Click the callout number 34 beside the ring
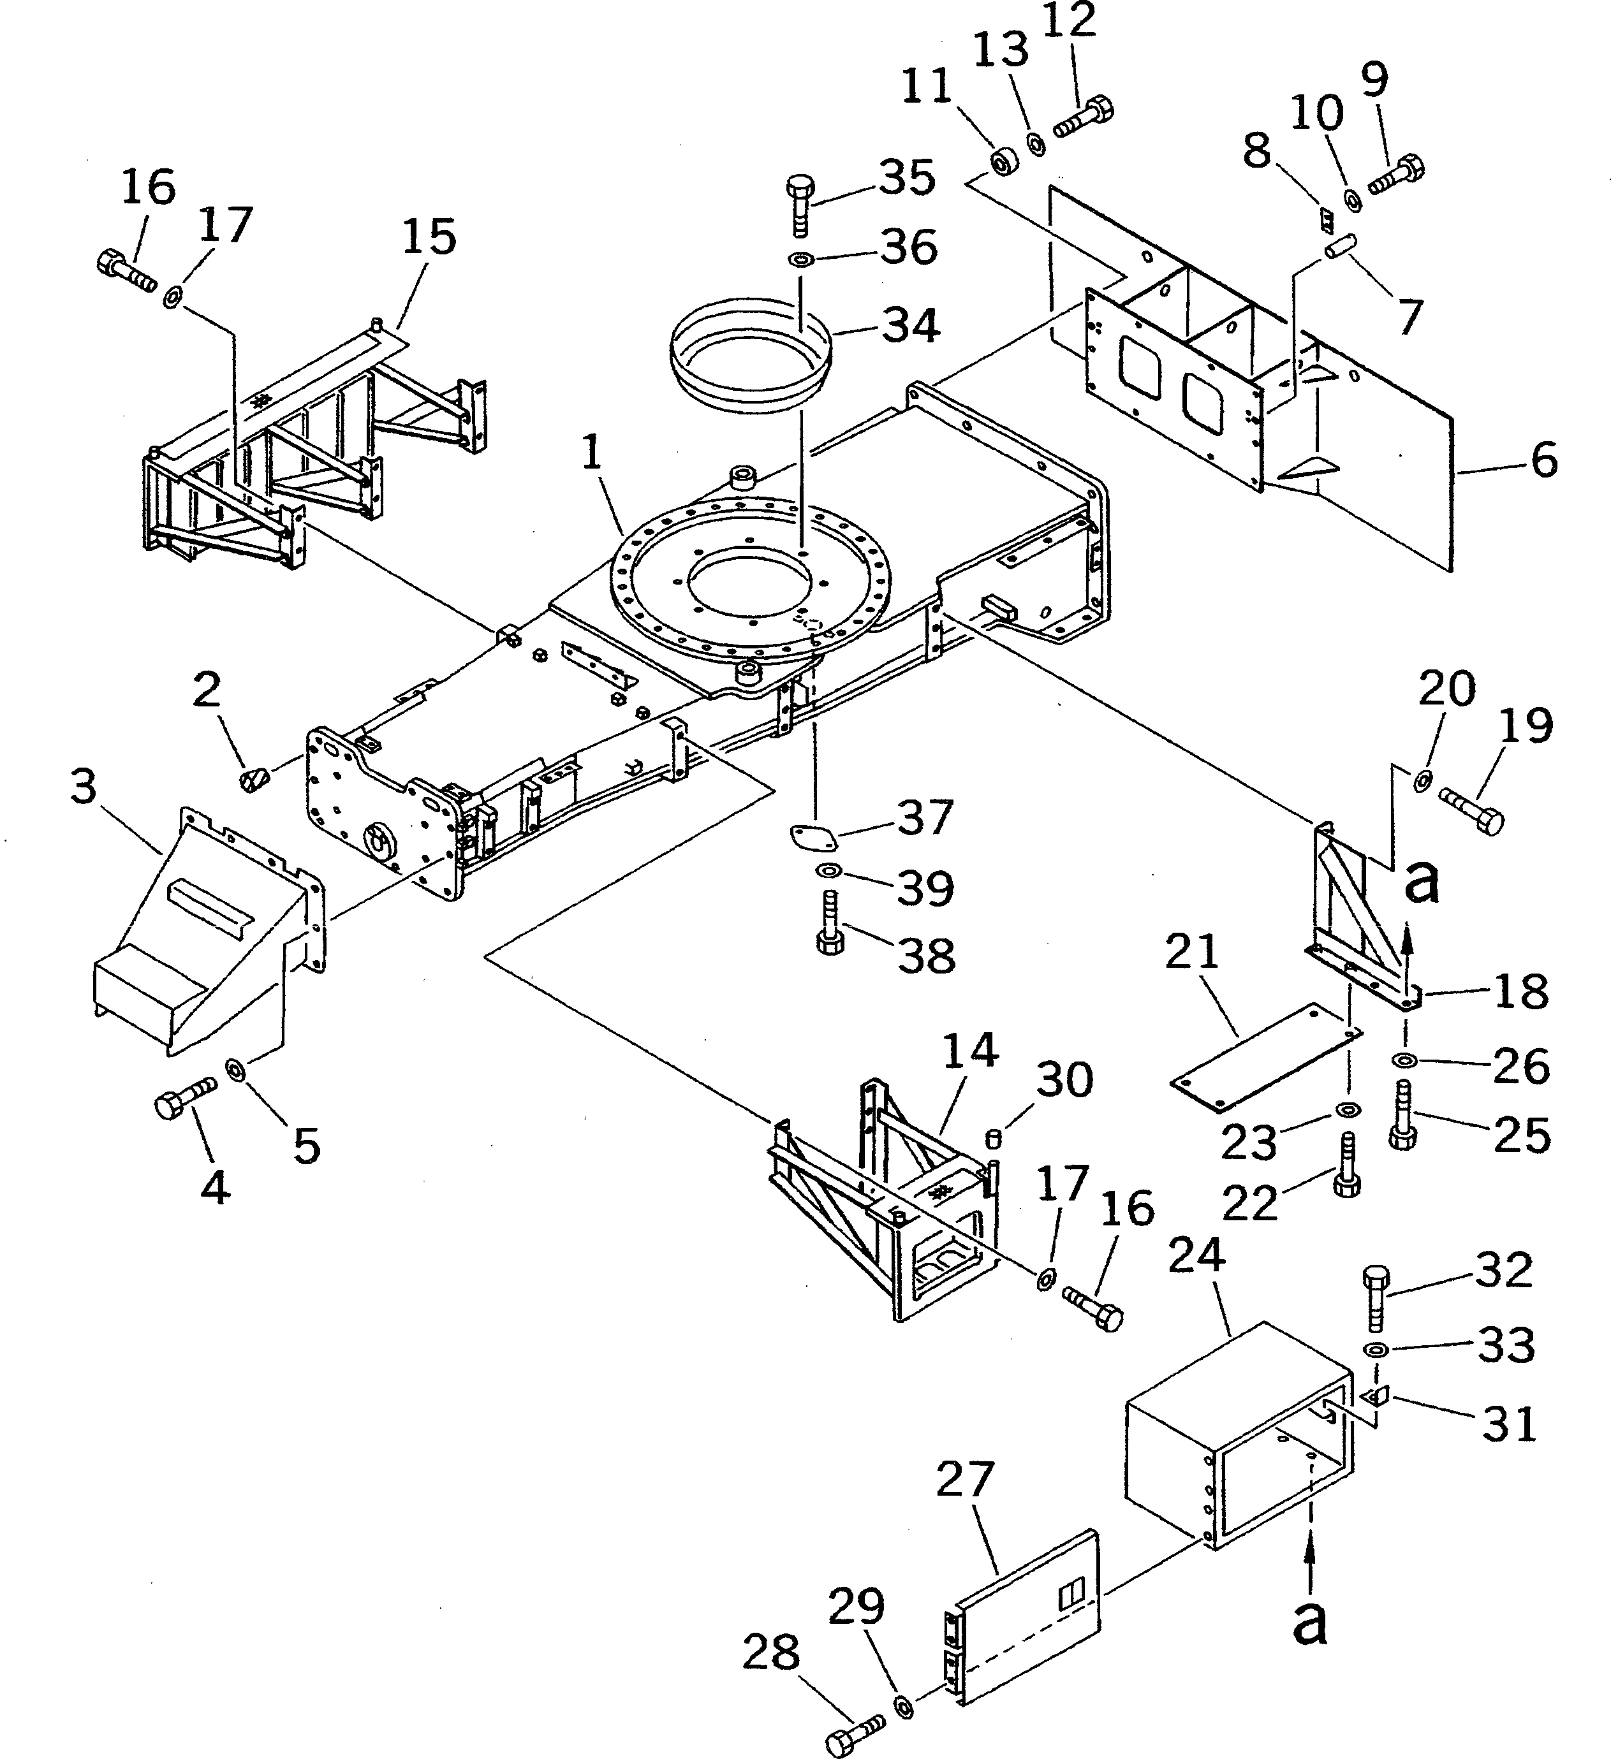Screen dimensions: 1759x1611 (910, 325)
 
